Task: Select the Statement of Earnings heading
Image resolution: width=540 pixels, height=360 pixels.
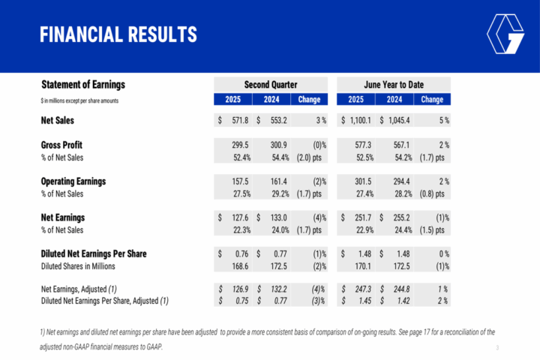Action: click(x=82, y=85)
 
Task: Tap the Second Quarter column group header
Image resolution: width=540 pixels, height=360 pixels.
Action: click(x=271, y=85)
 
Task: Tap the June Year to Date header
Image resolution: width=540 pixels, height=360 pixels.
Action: click(x=394, y=85)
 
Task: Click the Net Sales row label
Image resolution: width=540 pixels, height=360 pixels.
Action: click(x=62, y=120)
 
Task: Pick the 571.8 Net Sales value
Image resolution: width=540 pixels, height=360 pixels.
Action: click(x=237, y=120)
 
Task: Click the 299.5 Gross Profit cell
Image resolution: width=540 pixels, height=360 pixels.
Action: click(x=237, y=144)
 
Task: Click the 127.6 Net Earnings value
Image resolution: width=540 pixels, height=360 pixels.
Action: click(x=237, y=217)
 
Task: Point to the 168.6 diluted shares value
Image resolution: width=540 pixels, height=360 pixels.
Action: click(x=237, y=266)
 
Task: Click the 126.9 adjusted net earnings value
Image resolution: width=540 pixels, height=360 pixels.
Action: click(x=237, y=289)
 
